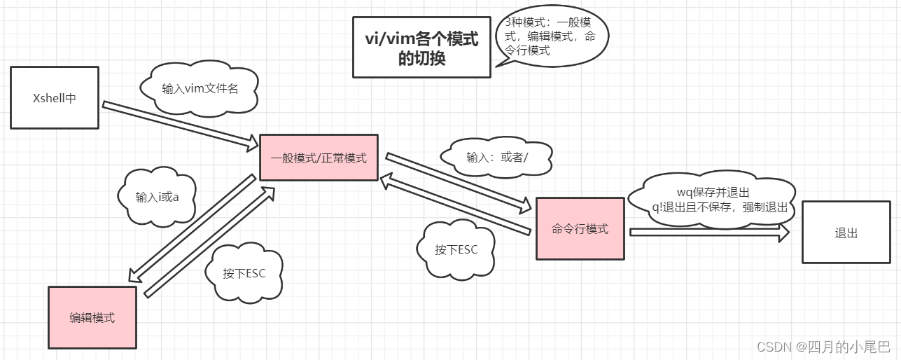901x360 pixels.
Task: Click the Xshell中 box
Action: [x=55, y=98]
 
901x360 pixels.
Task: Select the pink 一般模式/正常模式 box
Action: [x=319, y=158]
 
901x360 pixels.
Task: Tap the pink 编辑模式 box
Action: [x=92, y=317]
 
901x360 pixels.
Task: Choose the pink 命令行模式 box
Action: [x=580, y=228]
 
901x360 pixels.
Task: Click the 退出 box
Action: [x=846, y=233]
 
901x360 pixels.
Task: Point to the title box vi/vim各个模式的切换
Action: [x=421, y=48]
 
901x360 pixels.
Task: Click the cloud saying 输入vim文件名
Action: [x=200, y=88]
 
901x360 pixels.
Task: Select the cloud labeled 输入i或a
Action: [x=157, y=197]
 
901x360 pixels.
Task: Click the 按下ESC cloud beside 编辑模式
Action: [x=244, y=273]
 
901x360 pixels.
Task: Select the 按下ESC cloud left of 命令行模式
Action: [x=456, y=249]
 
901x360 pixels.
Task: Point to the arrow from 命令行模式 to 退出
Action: [x=707, y=233]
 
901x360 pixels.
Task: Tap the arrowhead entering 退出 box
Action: [x=783, y=233]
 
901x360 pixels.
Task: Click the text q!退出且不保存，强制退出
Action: [x=719, y=207]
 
